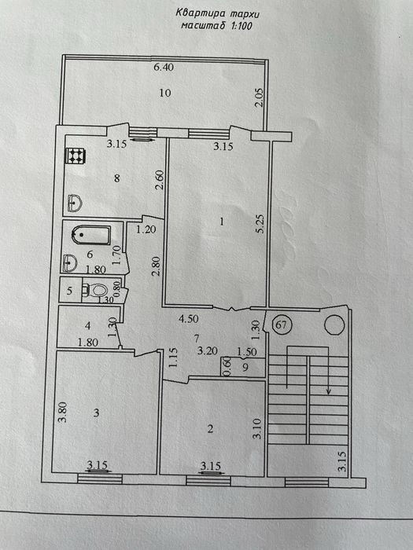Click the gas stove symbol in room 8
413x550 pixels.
[x=76, y=156]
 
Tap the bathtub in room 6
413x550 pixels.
[x=91, y=234]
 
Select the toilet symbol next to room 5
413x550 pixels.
[x=96, y=291]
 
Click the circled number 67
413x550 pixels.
[x=282, y=324]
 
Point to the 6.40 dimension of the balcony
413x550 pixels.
[x=164, y=67]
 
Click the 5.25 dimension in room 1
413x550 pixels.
[x=261, y=224]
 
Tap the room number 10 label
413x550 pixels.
[x=165, y=93]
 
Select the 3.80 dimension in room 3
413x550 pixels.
[x=63, y=412]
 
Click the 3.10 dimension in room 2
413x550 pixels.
[x=257, y=429]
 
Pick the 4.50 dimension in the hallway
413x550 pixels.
[x=189, y=319]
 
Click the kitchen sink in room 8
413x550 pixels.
[x=75, y=203]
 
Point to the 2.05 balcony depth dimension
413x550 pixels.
[x=260, y=98]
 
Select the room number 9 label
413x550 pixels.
[x=245, y=367]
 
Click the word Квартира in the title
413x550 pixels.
[x=197, y=14]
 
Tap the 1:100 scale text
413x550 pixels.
[x=242, y=26]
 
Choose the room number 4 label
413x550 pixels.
[x=88, y=326]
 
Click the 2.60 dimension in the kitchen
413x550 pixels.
[x=160, y=180]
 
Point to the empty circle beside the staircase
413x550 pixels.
[x=334, y=325]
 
